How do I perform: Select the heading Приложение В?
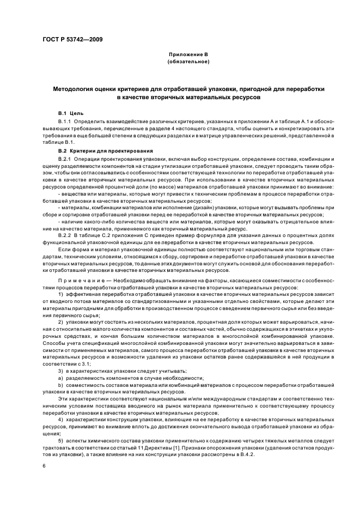(x=188, y=55)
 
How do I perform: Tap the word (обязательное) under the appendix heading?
(x=188, y=62)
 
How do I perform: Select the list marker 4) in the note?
(x=60, y=420)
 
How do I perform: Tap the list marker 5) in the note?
(x=60, y=439)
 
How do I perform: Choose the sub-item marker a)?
(x=60, y=378)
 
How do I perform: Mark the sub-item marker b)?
(x=60, y=385)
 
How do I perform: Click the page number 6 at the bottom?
(x=44, y=466)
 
